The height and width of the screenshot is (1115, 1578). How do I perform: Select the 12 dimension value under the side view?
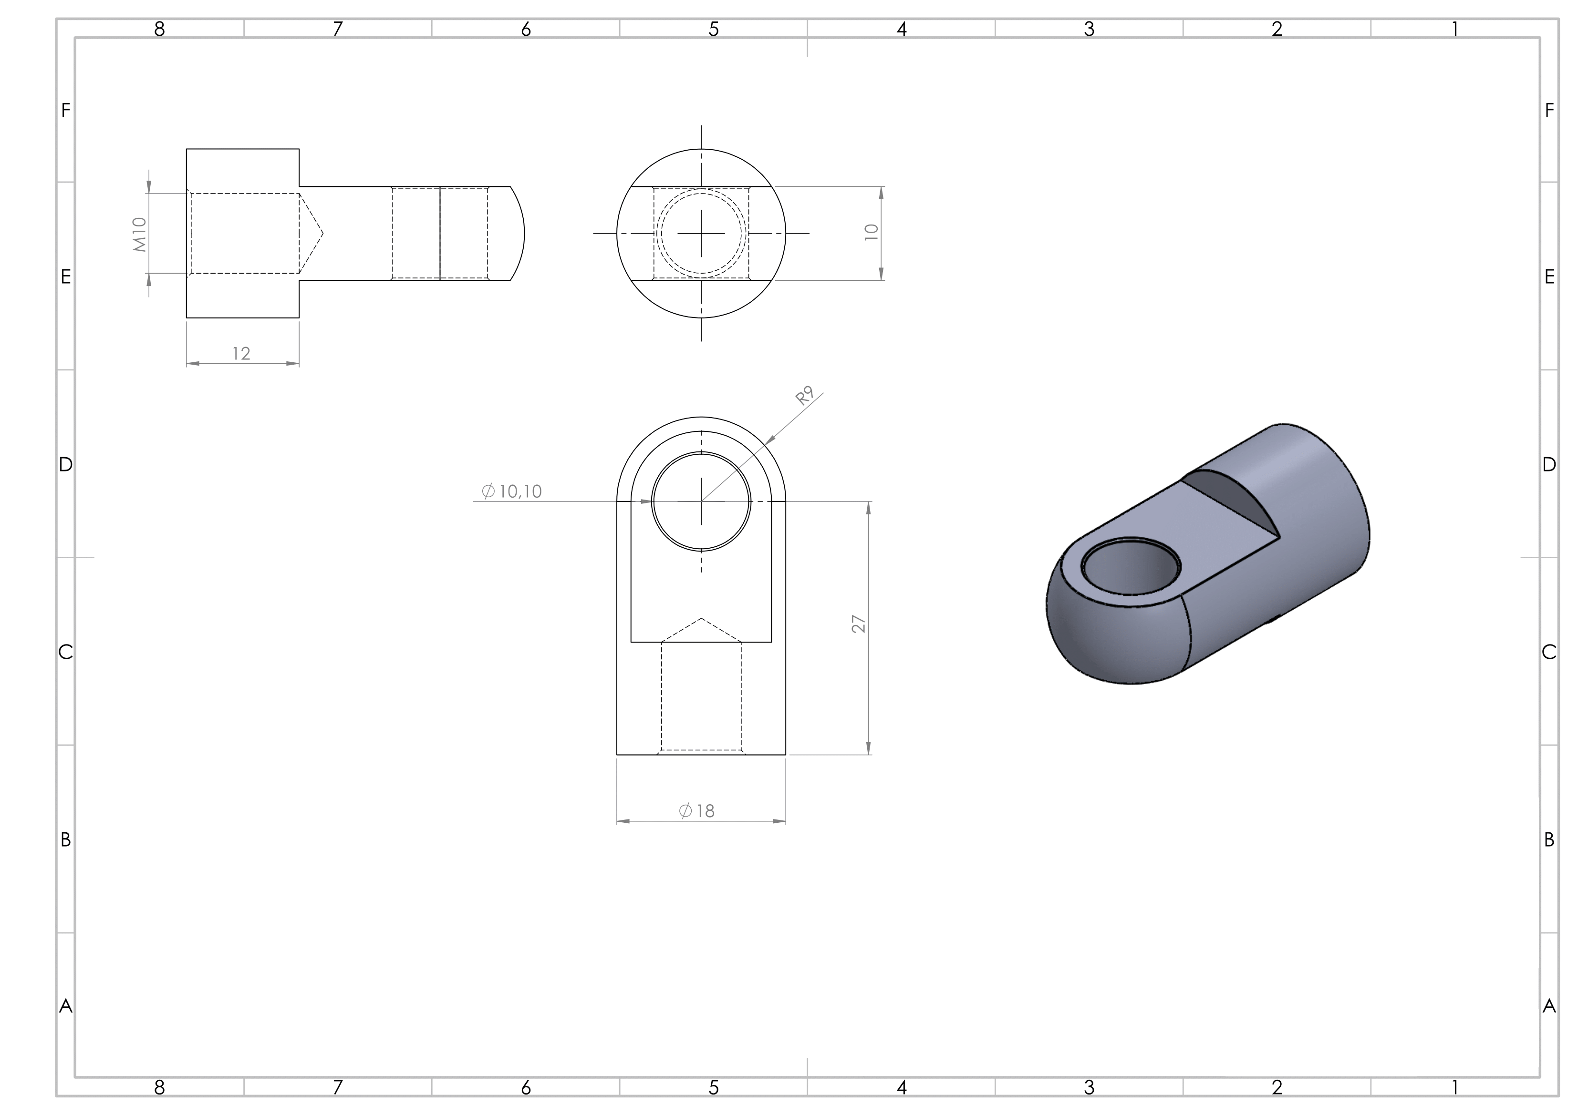click(241, 353)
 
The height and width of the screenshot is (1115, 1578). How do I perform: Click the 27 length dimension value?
click(859, 624)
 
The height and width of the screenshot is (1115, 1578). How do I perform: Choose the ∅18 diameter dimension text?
click(697, 811)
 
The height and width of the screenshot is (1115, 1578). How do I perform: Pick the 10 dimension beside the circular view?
click(872, 232)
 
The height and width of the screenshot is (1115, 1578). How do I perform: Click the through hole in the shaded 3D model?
click(1131, 567)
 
